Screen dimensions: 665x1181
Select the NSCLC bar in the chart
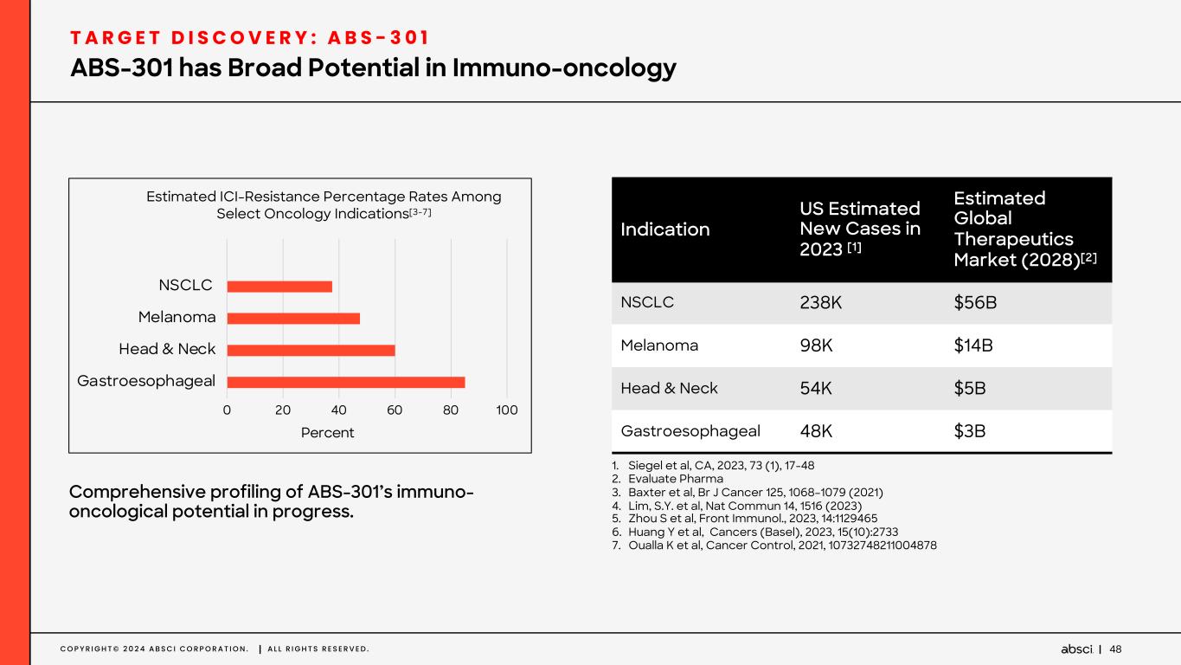coord(279,287)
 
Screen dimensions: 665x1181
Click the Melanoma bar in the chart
coord(293,318)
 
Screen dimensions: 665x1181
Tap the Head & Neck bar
coord(311,350)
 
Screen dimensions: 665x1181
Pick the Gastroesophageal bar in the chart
coord(346,382)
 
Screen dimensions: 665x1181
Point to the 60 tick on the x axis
coord(395,410)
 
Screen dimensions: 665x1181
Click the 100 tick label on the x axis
coord(507,410)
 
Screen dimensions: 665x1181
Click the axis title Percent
coord(327,432)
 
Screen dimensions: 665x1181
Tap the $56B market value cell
coord(972,303)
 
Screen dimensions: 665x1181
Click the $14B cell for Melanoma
coord(972,345)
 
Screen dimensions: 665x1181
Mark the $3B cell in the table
coord(969,430)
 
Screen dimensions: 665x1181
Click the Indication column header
coord(665,229)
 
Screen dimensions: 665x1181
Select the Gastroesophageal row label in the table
coord(690,430)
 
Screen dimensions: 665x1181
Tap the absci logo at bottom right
coord(1076,649)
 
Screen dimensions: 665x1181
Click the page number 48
coord(1115,649)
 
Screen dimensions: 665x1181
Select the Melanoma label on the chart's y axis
coord(177,318)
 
